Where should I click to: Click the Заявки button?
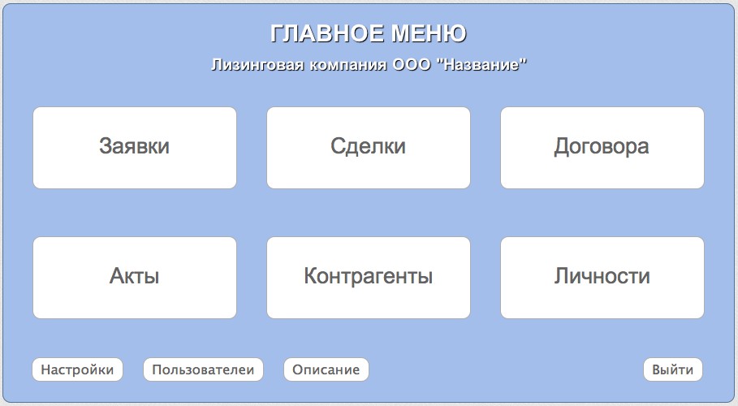point(135,148)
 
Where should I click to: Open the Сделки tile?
point(369,148)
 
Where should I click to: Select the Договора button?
point(602,148)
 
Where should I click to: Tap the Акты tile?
point(135,278)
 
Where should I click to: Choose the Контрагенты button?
point(369,278)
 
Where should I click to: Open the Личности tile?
point(602,278)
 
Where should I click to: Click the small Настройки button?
point(78,369)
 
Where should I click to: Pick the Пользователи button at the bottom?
point(203,369)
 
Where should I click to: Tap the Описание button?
point(326,369)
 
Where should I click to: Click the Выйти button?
point(673,369)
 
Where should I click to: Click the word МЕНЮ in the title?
point(429,34)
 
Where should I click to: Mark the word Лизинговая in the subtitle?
point(257,64)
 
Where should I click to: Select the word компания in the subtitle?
point(347,65)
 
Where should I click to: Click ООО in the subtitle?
point(412,64)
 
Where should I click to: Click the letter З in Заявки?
point(105,146)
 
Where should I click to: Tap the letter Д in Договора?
point(562,147)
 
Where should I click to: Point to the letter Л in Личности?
point(562,276)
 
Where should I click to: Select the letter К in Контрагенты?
point(311,276)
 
